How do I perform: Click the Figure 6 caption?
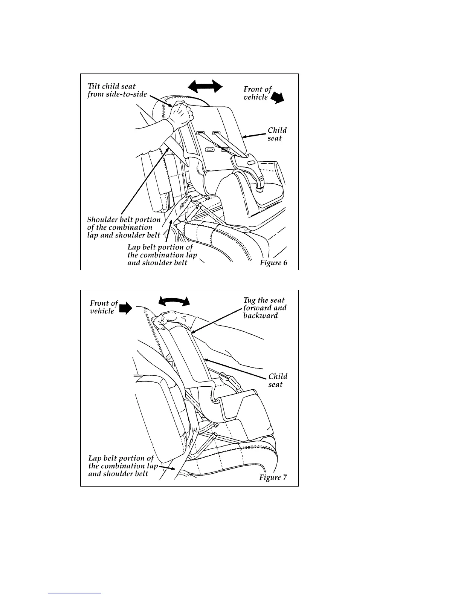(273, 263)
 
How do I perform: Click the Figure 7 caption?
(273, 478)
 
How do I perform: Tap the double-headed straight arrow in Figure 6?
(205, 86)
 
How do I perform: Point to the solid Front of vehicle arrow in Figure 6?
(279, 98)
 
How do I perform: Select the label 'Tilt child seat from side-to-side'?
(117, 90)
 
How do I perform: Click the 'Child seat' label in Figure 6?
(277, 134)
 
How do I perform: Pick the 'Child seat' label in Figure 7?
(278, 380)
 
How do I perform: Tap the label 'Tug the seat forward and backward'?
(264, 308)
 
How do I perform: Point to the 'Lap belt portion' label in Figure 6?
(162, 255)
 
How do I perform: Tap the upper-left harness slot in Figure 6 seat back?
(201, 133)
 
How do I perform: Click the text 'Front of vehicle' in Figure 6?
(257, 93)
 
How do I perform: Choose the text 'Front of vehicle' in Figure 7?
(104, 307)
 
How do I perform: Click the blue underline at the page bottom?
(75, 594)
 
